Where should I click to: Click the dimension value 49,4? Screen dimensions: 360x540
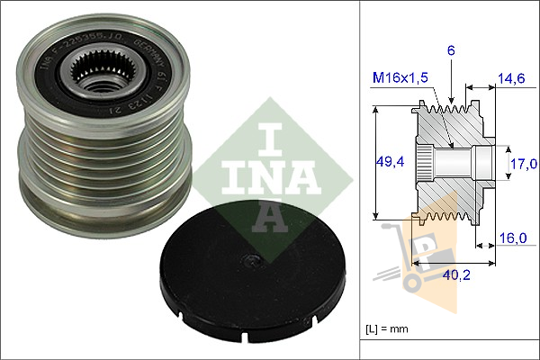pyautogui.click(x=388, y=161)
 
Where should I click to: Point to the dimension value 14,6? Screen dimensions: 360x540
pyautogui.click(x=512, y=80)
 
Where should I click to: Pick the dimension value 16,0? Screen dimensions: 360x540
pyautogui.click(x=512, y=239)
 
